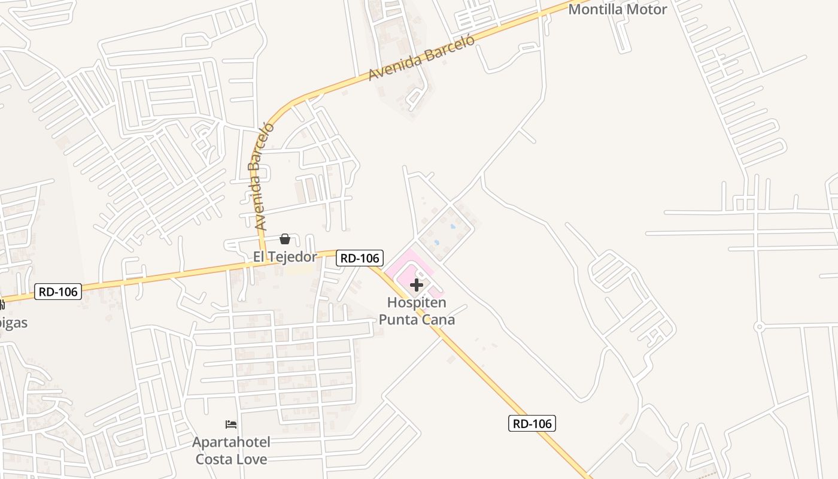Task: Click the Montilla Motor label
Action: pos(617,10)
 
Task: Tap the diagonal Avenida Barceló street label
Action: pos(421,57)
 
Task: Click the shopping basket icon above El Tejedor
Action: pos(285,239)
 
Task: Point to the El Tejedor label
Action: pos(285,257)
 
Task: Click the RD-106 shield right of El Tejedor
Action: pos(359,258)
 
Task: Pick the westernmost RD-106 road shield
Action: pos(57,292)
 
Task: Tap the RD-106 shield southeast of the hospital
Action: pos(532,423)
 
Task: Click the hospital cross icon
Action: pos(417,285)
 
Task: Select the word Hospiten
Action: pos(417,302)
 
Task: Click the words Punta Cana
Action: pos(417,319)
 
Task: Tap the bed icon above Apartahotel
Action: pos(231,425)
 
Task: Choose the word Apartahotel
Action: pos(231,442)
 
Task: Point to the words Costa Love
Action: pos(231,459)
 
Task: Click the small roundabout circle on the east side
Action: pos(760,326)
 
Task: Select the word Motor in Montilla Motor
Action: pos(644,10)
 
